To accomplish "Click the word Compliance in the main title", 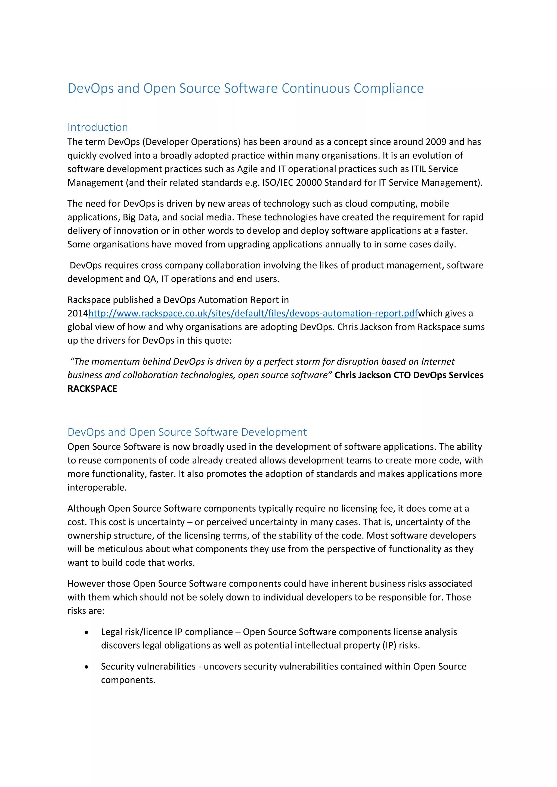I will [x=389, y=88].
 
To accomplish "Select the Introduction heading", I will [x=97, y=127].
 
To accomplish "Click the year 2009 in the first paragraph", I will [x=436, y=142].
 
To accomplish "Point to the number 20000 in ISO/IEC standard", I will [x=309, y=183].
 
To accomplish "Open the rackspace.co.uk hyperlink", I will [x=253, y=313].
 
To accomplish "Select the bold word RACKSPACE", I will [x=92, y=389].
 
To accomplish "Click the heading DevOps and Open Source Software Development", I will [x=187, y=432].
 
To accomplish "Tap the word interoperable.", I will [x=97, y=487].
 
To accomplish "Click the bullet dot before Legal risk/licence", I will [x=86, y=632].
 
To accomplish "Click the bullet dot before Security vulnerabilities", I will [x=86, y=667].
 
